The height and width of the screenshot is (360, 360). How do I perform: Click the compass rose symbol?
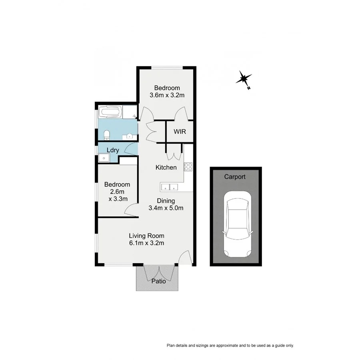point(244,78)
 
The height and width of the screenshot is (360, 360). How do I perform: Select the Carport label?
point(235,176)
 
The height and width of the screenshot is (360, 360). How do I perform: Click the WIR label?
point(180,132)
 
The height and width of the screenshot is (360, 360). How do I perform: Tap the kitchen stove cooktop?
point(188,167)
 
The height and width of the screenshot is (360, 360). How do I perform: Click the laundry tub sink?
point(104,158)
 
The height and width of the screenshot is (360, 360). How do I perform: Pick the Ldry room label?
point(113,150)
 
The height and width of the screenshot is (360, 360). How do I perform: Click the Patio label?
point(158,281)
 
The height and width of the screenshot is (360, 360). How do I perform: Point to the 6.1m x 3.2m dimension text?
point(146,243)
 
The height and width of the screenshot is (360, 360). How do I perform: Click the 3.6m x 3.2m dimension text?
point(167,95)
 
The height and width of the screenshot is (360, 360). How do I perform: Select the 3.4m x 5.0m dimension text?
point(166,208)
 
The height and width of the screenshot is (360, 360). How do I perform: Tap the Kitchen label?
point(166,167)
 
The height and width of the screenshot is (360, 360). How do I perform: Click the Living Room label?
point(146,236)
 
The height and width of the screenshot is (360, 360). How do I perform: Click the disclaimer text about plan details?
point(230,345)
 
